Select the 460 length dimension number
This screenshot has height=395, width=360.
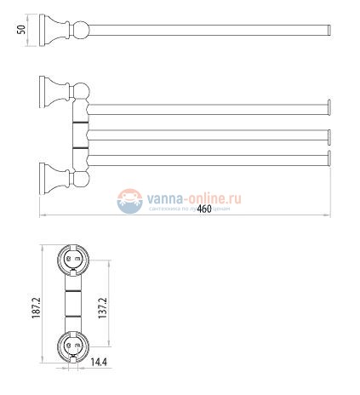[x=203, y=209]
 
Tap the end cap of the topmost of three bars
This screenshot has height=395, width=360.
[x=328, y=107]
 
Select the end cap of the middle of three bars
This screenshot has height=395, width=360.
[x=328, y=133]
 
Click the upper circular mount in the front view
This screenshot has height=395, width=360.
[x=71, y=259]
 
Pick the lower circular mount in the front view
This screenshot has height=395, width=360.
[x=71, y=346]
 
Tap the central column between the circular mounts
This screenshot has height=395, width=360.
[x=71, y=302]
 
